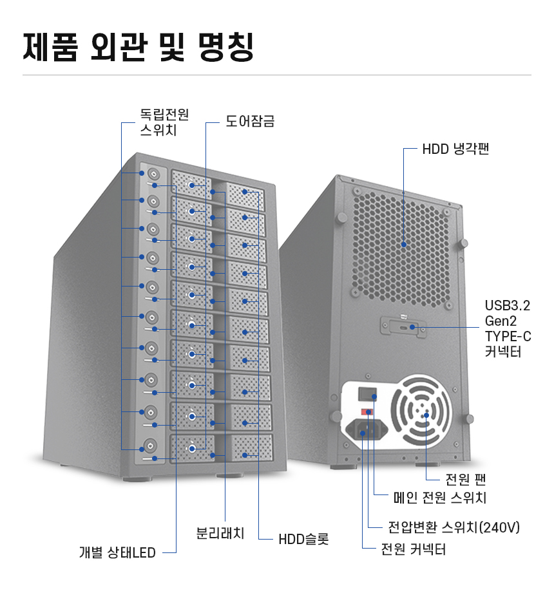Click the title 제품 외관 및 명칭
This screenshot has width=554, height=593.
(138, 47)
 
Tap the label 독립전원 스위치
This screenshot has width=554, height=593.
(164, 122)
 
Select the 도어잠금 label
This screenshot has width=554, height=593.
(250, 122)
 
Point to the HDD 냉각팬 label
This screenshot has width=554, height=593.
(455, 149)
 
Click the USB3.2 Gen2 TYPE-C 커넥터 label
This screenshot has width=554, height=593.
(508, 328)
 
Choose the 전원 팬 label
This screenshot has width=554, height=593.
(466, 479)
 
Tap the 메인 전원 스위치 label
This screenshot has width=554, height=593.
(440, 497)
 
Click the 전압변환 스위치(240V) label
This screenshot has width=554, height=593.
(454, 527)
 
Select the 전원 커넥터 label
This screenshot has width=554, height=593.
(413, 549)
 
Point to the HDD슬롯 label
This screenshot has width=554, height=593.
(303, 539)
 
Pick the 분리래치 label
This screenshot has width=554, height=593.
(220, 533)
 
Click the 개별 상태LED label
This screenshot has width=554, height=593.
(117, 552)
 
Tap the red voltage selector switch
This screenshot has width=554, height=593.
(367, 412)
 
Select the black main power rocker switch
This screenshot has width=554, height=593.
(367, 394)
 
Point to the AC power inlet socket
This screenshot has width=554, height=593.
(367, 429)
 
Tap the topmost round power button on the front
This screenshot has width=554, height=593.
(153, 174)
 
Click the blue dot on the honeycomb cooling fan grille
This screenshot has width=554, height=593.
(404, 245)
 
